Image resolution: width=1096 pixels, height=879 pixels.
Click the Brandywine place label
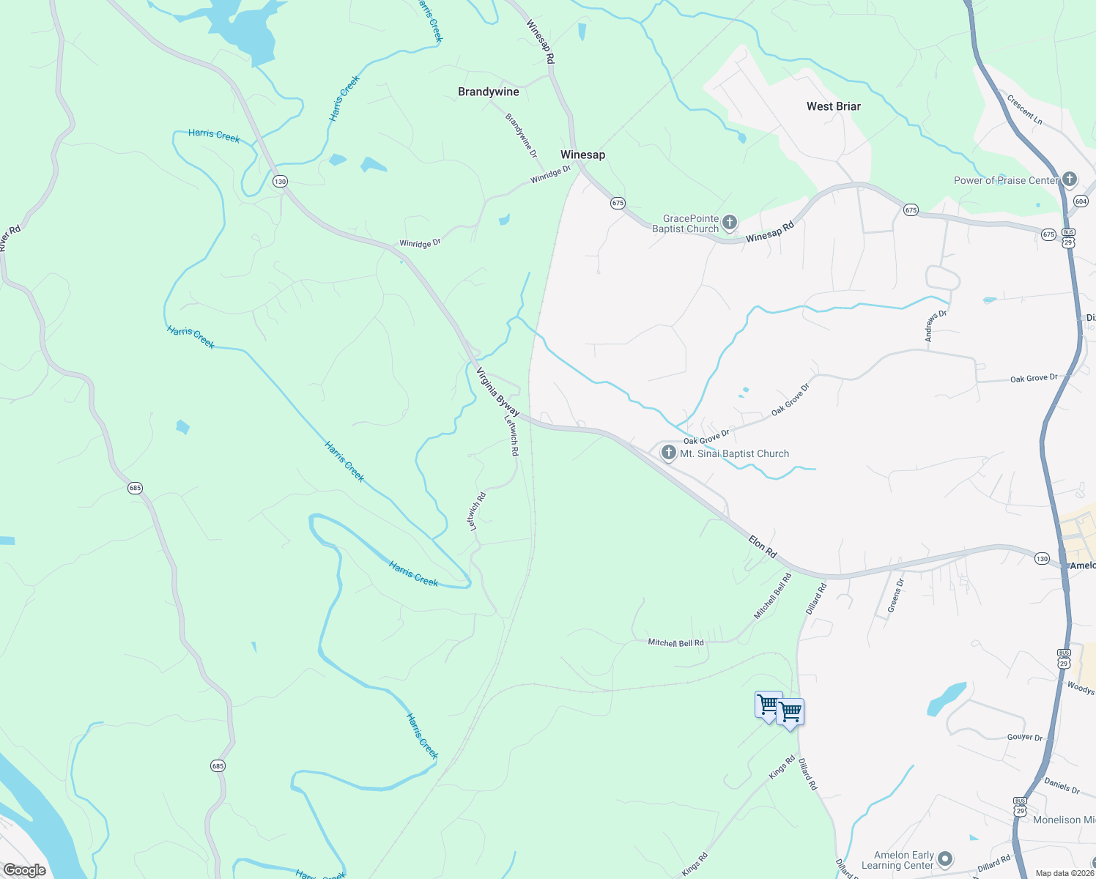point(488,92)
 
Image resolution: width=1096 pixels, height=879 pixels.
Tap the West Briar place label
point(833,106)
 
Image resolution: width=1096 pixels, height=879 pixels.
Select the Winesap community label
point(582,155)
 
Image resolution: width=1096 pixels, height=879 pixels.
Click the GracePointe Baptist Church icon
point(729,222)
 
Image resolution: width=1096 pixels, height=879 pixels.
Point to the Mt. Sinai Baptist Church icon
point(668,453)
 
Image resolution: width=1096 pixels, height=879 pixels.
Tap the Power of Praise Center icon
point(1069,179)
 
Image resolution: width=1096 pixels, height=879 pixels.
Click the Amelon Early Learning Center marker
point(945,858)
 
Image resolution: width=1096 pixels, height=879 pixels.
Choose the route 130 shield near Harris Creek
point(280,181)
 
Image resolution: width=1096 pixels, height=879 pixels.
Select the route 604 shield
point(1081,201)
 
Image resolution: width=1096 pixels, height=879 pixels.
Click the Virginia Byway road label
point(498,392)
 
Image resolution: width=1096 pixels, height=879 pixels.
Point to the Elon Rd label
point(762,546)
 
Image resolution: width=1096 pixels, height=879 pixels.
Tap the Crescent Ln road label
point(1024,110)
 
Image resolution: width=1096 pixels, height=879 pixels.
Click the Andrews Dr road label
point(935,326)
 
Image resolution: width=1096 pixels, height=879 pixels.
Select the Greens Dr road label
point(895,595)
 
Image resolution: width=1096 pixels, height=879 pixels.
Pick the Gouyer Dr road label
point(1024,737)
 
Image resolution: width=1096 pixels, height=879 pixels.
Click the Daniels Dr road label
point(1062,786)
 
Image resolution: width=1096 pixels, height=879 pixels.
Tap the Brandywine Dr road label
point(521,136)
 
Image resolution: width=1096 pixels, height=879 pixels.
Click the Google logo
point(24,870)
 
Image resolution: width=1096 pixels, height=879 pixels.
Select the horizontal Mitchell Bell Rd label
point(675,642)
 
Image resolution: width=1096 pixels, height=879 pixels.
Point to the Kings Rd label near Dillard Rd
point(781,768)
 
